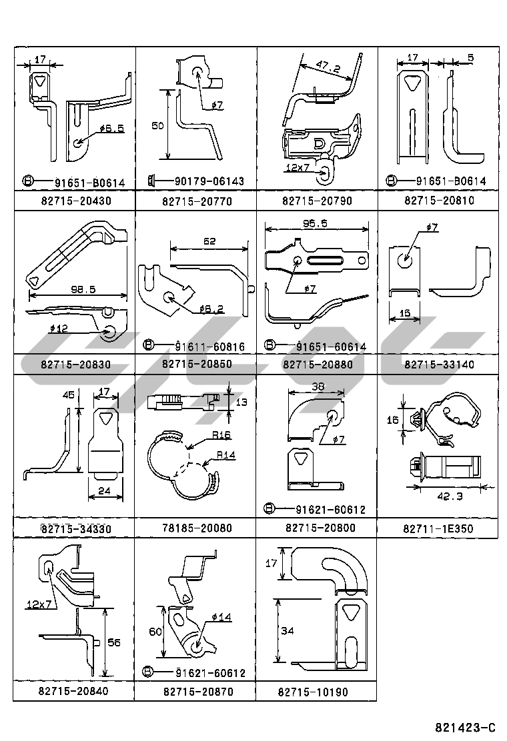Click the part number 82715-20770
[196, 201]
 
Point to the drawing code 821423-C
[466, 727]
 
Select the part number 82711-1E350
[438, 529]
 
